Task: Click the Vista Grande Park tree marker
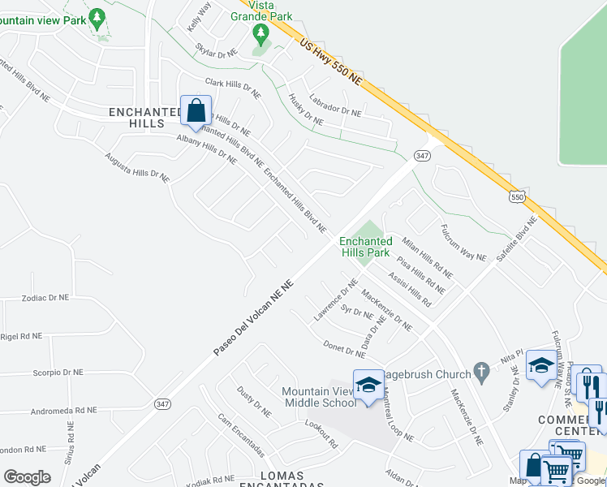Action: point(260,34)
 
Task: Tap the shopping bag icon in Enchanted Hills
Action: point(196,110)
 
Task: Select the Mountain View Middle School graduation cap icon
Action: point(368,383)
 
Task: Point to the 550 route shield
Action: point(516,196)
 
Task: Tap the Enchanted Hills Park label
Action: point(365,247)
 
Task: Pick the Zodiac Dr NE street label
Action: point(49,298)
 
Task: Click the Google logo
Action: point(27,476)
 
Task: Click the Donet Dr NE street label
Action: point(344,349)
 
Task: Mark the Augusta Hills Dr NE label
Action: point(137,166)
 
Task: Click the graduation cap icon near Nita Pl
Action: point(540,364)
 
